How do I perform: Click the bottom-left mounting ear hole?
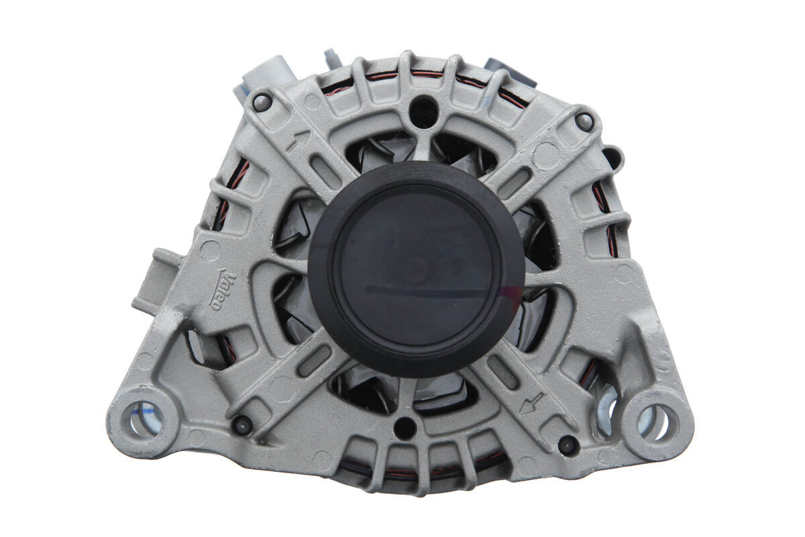[x=144, y=419]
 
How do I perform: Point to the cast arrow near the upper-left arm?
[x=298, y=141]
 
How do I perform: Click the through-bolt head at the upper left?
[x=261, y=103]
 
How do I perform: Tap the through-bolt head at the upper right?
[x=584, y=121]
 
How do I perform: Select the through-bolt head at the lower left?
[x=241, y=426]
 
